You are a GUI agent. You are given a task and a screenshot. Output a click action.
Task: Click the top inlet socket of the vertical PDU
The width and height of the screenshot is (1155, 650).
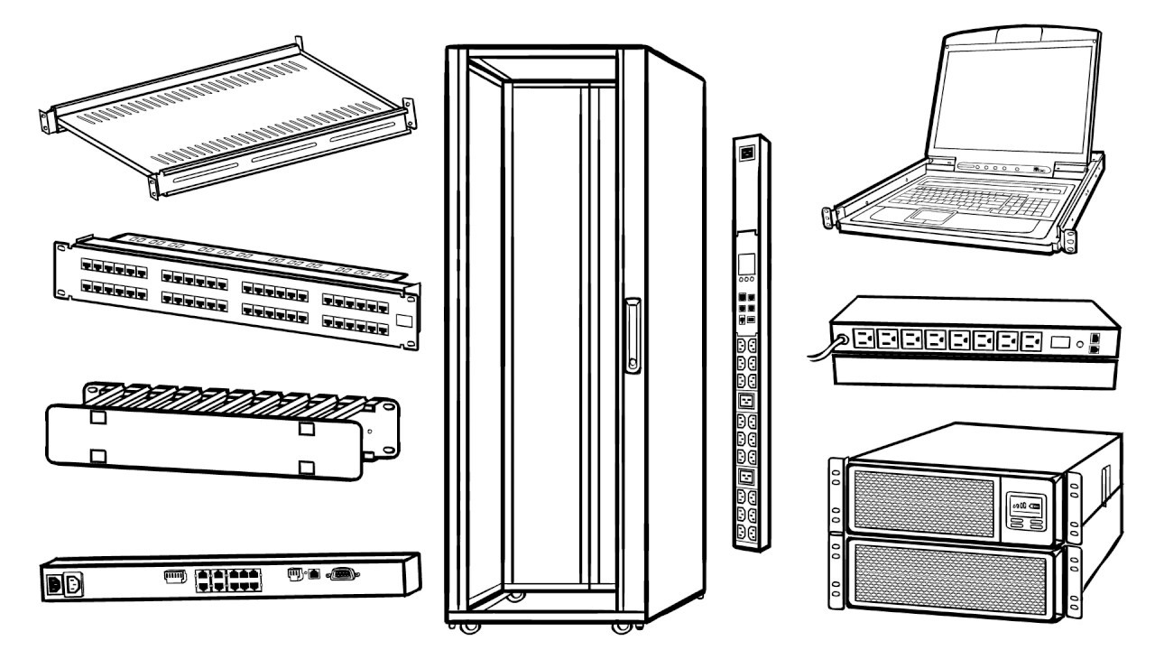pyautogui.click(x=747, y=153)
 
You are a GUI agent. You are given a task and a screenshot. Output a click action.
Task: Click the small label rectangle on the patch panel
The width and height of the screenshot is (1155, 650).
pyautogui.click(x=404, y=320)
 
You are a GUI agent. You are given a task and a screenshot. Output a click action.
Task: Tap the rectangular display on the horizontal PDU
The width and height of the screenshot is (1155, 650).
pyautogui.click(x=1062, y=343)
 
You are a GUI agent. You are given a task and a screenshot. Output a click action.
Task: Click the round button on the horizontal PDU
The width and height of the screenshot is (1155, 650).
pyautogui.click(x=1080, y=343)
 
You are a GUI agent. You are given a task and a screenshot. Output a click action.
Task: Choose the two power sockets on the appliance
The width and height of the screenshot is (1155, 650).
pyautogui.click(x=64, y=582)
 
